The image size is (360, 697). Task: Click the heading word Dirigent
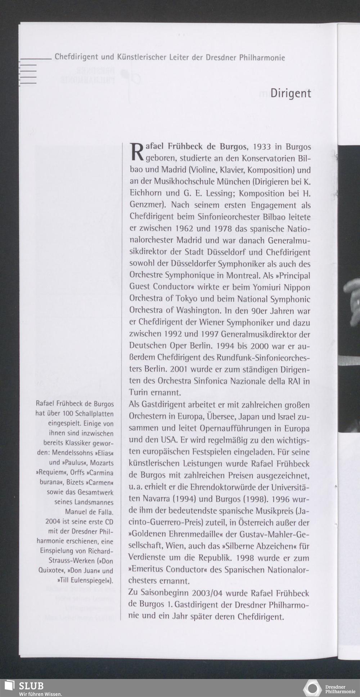[291, 94]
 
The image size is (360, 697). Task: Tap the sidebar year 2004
[53, 521]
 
